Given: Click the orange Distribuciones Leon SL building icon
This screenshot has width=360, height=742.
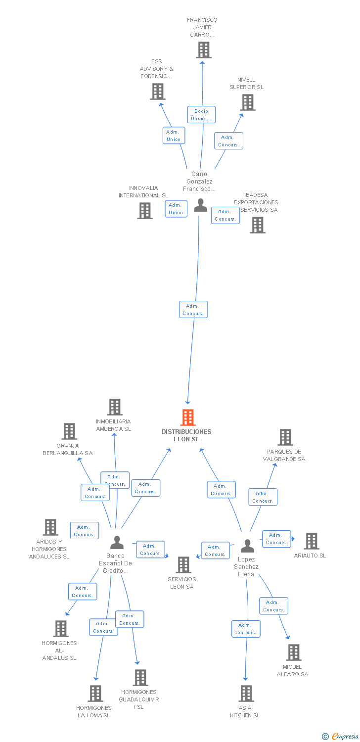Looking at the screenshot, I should pyautogui.click(x=188, y=417).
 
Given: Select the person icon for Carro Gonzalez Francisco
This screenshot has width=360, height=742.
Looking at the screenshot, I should pyautogui.click(x=200, y=205).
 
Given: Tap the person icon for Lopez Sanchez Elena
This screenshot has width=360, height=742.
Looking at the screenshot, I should pyautogui.click(x=247, y=546).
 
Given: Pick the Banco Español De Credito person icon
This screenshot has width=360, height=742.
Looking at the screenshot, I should pyautogui.click(x=117, y=543).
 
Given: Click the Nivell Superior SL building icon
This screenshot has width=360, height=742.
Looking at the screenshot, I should pyautogui.click(x=247, y=102).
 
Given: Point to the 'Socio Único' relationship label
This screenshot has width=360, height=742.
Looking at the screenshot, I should pyautogui.click(x=201, y=114).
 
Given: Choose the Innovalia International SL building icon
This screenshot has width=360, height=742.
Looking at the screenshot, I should pyautogui.click(x=145, y=211).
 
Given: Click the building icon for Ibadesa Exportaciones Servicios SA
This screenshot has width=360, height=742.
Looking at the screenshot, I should pyautogui.click(x=257, y=225).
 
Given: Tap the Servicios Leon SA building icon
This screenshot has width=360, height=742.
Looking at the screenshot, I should pyautogui.click(x=183, y=565).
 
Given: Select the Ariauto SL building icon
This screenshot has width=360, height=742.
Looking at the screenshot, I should pyautogui.click(x=311, y=541).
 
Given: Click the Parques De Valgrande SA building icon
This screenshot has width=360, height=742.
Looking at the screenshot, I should pyautogui.click(x=285, y=437).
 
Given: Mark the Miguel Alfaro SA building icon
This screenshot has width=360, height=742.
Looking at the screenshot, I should pyautogui.click(x=294, y=652).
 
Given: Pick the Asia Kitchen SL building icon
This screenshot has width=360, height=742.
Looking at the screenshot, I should pyautogui.click(x=246, y=694).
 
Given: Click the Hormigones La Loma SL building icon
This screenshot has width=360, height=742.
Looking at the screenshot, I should pyautogui.click(x=95, y=694).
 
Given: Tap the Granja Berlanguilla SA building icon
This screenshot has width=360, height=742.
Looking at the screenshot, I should pyautogui.click(x=69, y=431).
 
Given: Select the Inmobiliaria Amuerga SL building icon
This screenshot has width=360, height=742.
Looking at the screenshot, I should pyautogui.click(x=115, y=407).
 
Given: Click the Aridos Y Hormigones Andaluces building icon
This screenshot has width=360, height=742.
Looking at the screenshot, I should pyautogui.click(x=50, y=527).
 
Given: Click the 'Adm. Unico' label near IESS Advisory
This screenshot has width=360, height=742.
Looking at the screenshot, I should pyautogui.click(x=174, y=135).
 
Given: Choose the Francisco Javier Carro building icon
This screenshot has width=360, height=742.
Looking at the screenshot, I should pyautogui.click(x=203, y=50).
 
